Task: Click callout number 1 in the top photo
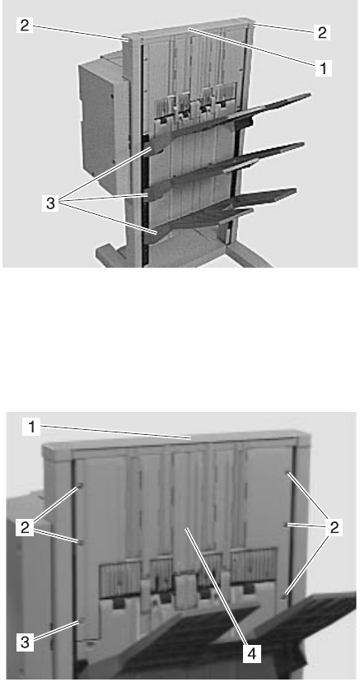(323, 68)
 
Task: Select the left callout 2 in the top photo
(25, 25)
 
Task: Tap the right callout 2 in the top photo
(322, 32)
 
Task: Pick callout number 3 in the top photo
(50, 203)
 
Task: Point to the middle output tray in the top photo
(226, 169)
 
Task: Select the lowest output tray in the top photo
(222, 213)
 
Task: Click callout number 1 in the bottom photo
(32, 427)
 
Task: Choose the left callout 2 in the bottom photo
(25, 527)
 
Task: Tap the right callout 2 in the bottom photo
(334, 528)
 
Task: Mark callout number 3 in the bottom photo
(26, 642)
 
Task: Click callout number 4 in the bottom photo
(252, 653)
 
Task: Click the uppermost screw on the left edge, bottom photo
(80, 487)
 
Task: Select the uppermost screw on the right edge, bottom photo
(288, 473)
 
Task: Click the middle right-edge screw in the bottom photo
(286, 525)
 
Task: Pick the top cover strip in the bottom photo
(176, 441)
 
